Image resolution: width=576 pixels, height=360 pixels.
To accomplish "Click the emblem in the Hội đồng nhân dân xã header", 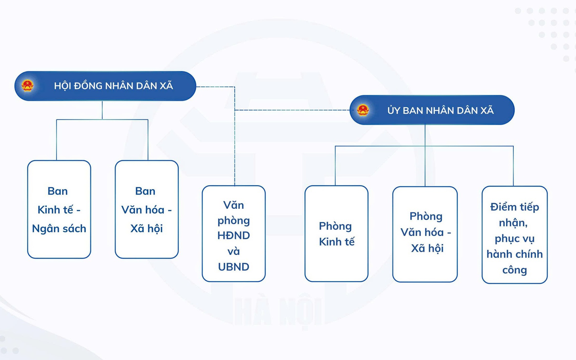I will [27, 86].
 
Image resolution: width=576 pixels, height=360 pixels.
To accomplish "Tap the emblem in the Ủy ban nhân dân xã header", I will [363, 110].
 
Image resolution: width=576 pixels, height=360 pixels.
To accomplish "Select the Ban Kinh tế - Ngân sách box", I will [59, 209].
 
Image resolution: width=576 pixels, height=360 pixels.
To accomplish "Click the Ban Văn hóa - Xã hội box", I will [146, 209].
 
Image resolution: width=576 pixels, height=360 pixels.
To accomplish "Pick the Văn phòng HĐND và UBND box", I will [234, 234].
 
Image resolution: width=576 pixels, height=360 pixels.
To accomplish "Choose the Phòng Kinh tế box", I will [336, 234].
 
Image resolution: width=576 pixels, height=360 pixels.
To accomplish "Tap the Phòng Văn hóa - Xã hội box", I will [425, 234].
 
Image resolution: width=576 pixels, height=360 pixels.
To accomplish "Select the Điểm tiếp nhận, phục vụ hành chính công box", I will [514, 235].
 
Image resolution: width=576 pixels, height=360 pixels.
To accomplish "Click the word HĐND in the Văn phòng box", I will [234, 236].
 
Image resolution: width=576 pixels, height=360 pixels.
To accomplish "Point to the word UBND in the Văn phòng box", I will [234, 267].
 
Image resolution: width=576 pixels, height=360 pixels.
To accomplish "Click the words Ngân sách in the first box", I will [59, 229].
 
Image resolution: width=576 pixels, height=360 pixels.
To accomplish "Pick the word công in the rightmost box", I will [514, 270].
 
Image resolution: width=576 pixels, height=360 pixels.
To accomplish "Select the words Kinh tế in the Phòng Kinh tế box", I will [337, 242].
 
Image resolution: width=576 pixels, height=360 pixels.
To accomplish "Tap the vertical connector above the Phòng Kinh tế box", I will [335, 165].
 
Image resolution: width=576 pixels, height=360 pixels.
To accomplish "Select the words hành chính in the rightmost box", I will [514, 254].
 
